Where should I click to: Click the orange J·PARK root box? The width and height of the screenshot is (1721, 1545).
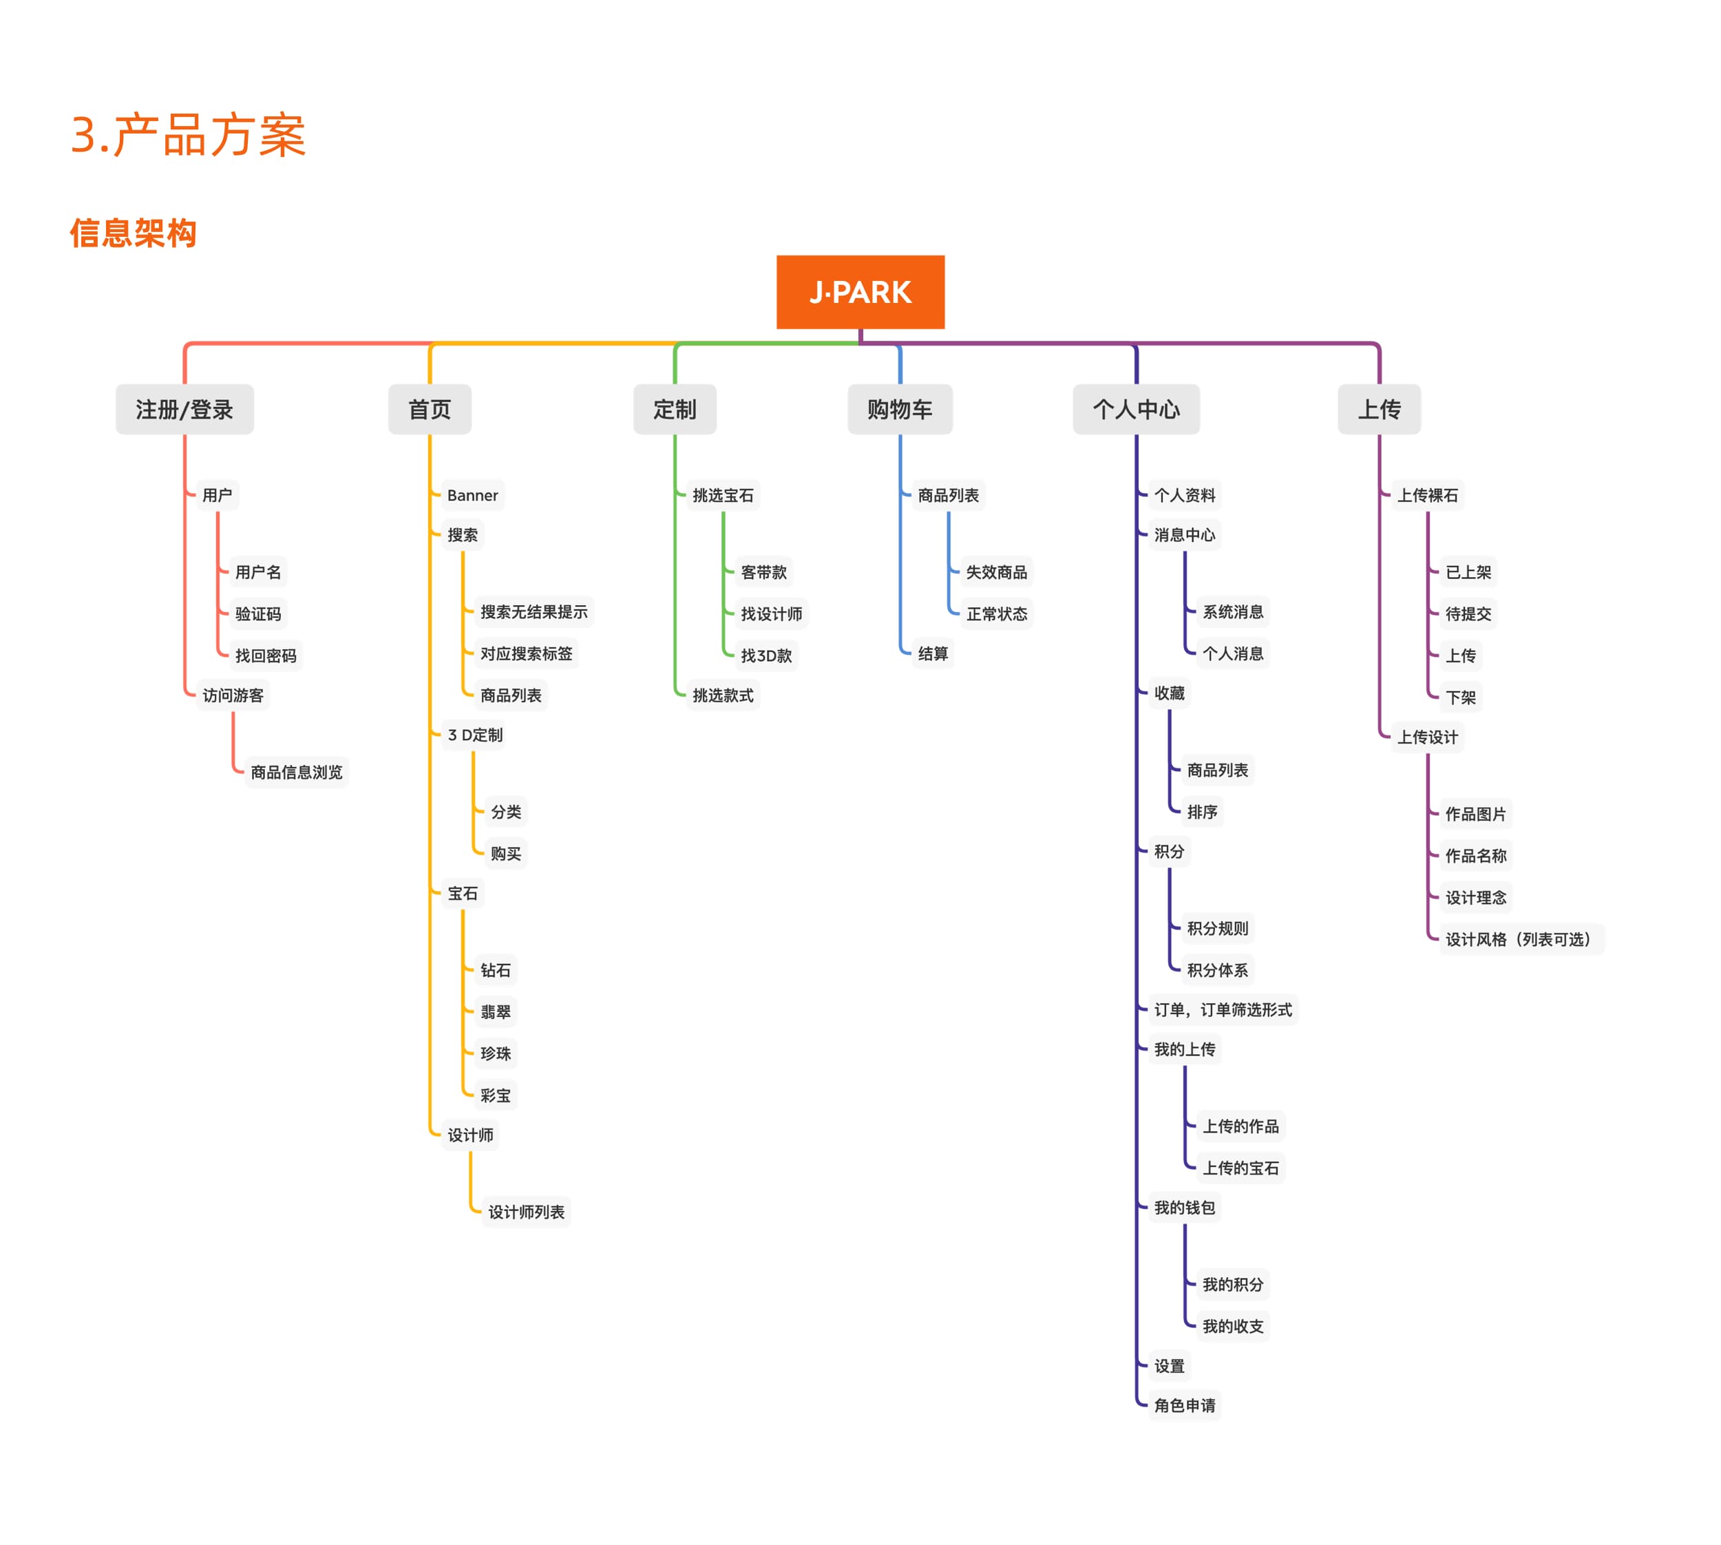[x=860, y=292]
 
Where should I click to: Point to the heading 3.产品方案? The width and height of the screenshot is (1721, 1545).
[x=189, y=135]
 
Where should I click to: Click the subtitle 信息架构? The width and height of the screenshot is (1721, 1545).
[x=134, y=233]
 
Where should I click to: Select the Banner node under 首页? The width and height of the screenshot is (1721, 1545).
[x=473, y=495]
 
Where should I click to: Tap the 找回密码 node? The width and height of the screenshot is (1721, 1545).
[x=266, y=655]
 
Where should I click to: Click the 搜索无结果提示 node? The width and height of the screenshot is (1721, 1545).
[x=534, y=611]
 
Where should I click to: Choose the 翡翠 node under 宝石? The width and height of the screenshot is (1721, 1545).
[x=496, y=1011]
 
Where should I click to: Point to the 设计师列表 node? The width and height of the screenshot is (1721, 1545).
[x=526, y=1211]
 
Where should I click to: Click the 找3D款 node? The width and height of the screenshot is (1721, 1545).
[x=766, y=655]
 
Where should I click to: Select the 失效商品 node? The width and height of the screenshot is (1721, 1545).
[x=996, y=572]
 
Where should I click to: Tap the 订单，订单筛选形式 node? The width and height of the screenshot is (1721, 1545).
[x=1223, y=1009]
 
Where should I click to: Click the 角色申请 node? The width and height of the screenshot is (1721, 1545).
[x=1185, y=1405]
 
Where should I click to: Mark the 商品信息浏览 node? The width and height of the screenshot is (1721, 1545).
[x=296, y=772]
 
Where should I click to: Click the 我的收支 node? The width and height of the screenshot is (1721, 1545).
[x=1233, y=1326]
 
